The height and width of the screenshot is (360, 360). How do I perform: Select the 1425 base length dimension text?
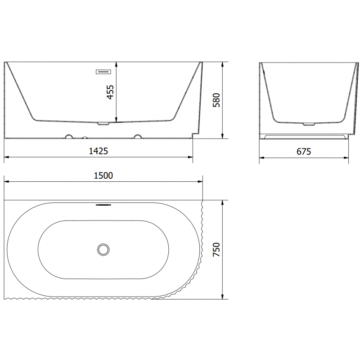(x=99, y=151)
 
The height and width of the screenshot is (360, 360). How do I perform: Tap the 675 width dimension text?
(x=304, y=151)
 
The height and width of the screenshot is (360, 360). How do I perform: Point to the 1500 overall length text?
(x=103, y=175)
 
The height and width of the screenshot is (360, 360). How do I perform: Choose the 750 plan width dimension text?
(x=216, y=250)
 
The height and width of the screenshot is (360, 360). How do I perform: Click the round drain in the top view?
(x=103, y=248)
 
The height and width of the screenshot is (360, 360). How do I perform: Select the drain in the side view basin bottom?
(x=310, y=123)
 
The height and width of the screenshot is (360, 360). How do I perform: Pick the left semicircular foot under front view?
(x=69, y=136)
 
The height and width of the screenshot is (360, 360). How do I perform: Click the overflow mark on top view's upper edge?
(x=103, y=203)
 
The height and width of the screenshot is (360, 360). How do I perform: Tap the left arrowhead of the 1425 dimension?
(x=6, y=157)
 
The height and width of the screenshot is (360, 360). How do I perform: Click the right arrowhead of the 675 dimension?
(x=348, y=157)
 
